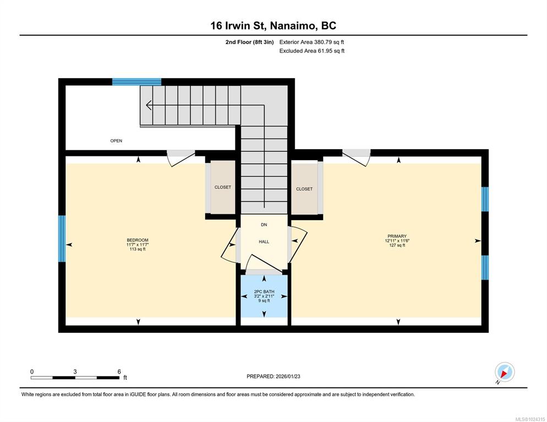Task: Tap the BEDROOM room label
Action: pos(138,240)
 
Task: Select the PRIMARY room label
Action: pos(397,236)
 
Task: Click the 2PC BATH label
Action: pos(264,292)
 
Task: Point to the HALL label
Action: pos(264,242)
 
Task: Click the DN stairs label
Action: pos(264,224)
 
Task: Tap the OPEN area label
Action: pos(116,141)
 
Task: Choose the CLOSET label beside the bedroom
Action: pos(222,187)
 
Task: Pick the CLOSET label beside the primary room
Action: pos(304,189)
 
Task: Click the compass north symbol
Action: pos(505,372)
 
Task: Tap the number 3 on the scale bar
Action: pos(75,372)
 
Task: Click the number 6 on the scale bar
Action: pos(119,372)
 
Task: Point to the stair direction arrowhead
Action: pos(149,105)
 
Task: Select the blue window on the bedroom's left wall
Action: pos(62,239)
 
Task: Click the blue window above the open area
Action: pos(136,82)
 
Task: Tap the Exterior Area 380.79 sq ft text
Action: pos(311,42)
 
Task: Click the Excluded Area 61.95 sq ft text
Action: pos(312,51)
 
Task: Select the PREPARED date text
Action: pos(273,376)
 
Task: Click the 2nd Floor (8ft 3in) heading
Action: pos(249,42)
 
